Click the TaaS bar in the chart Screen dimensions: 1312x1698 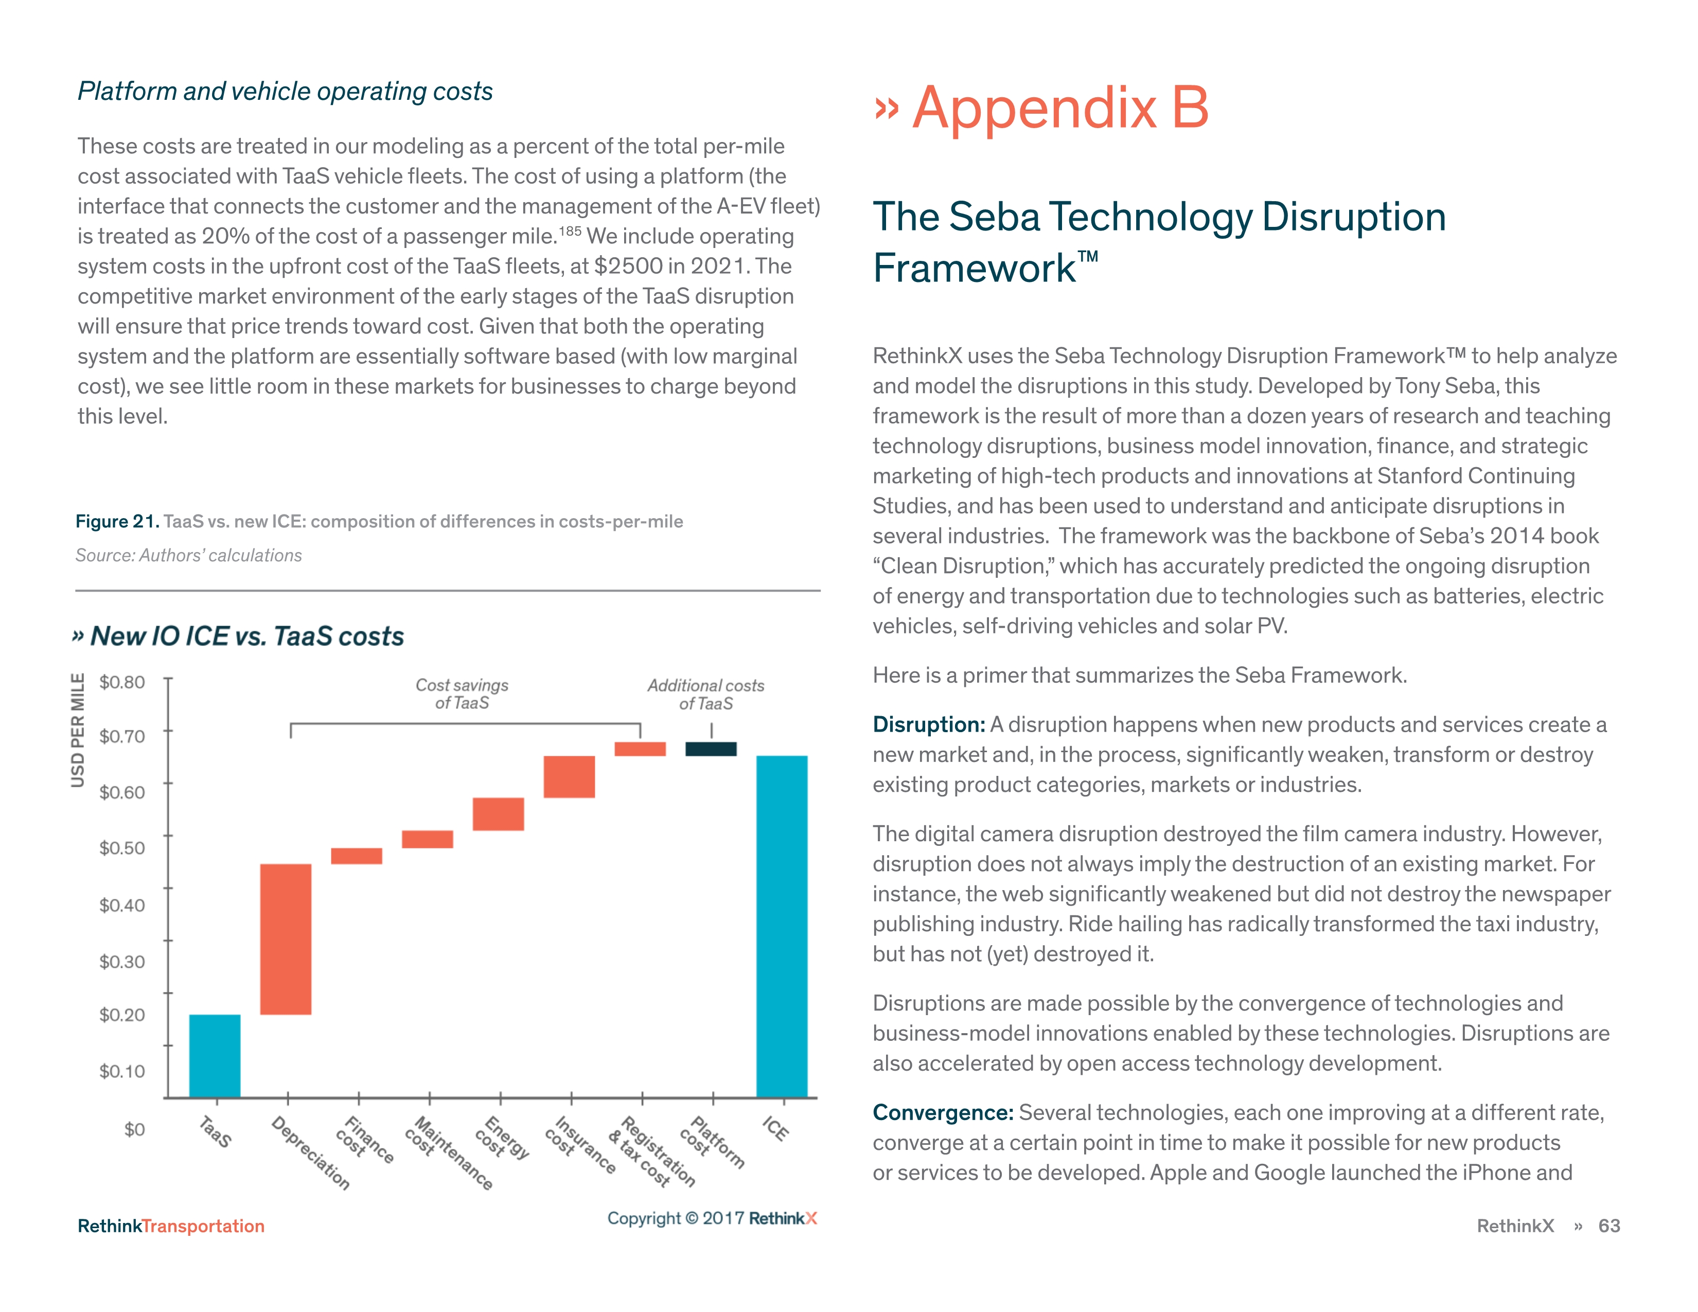point(215,1055)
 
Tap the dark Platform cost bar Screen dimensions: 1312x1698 point(711,749)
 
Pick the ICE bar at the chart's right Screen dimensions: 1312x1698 point(782,925)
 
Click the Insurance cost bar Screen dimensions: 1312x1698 point(569,776)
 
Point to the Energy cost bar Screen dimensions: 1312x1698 point(499,814)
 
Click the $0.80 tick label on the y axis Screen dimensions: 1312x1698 point(122,682)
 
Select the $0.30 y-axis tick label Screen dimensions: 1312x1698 point(122,962)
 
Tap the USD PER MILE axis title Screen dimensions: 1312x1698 point(78,730)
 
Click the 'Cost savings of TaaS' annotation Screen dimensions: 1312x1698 point(462,694)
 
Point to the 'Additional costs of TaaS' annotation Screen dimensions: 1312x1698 point(706,694)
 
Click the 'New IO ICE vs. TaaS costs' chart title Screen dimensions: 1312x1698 point(247,636)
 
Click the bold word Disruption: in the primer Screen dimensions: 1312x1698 point(928,724)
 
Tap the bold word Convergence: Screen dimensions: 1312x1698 point(942,1112)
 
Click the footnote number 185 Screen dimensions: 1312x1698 point(570,231)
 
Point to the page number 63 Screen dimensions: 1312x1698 point(1608,1226)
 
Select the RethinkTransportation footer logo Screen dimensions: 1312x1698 point(171,1226)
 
